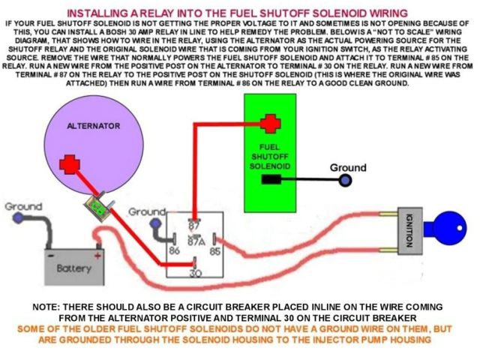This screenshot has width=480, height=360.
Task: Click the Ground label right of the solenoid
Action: (348, 167)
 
